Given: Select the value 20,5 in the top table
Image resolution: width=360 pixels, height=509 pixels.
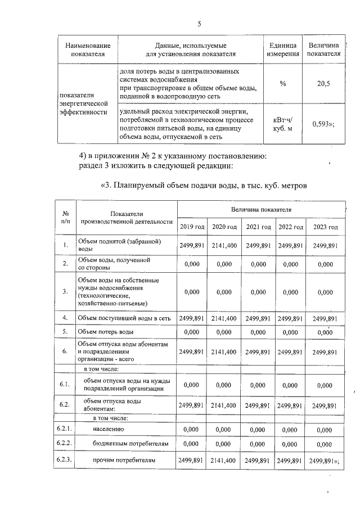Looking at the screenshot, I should click(x=323, y=83).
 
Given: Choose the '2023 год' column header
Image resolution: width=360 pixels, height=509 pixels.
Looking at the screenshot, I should click(x=325, y=227).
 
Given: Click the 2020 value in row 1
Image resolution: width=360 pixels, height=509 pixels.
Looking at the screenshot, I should click(x=224, y=245).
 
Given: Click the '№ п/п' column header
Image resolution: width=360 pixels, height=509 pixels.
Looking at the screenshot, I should click(x=66, y=217).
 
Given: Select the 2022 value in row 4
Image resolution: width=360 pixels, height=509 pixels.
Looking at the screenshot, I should click(x=291, y=318).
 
